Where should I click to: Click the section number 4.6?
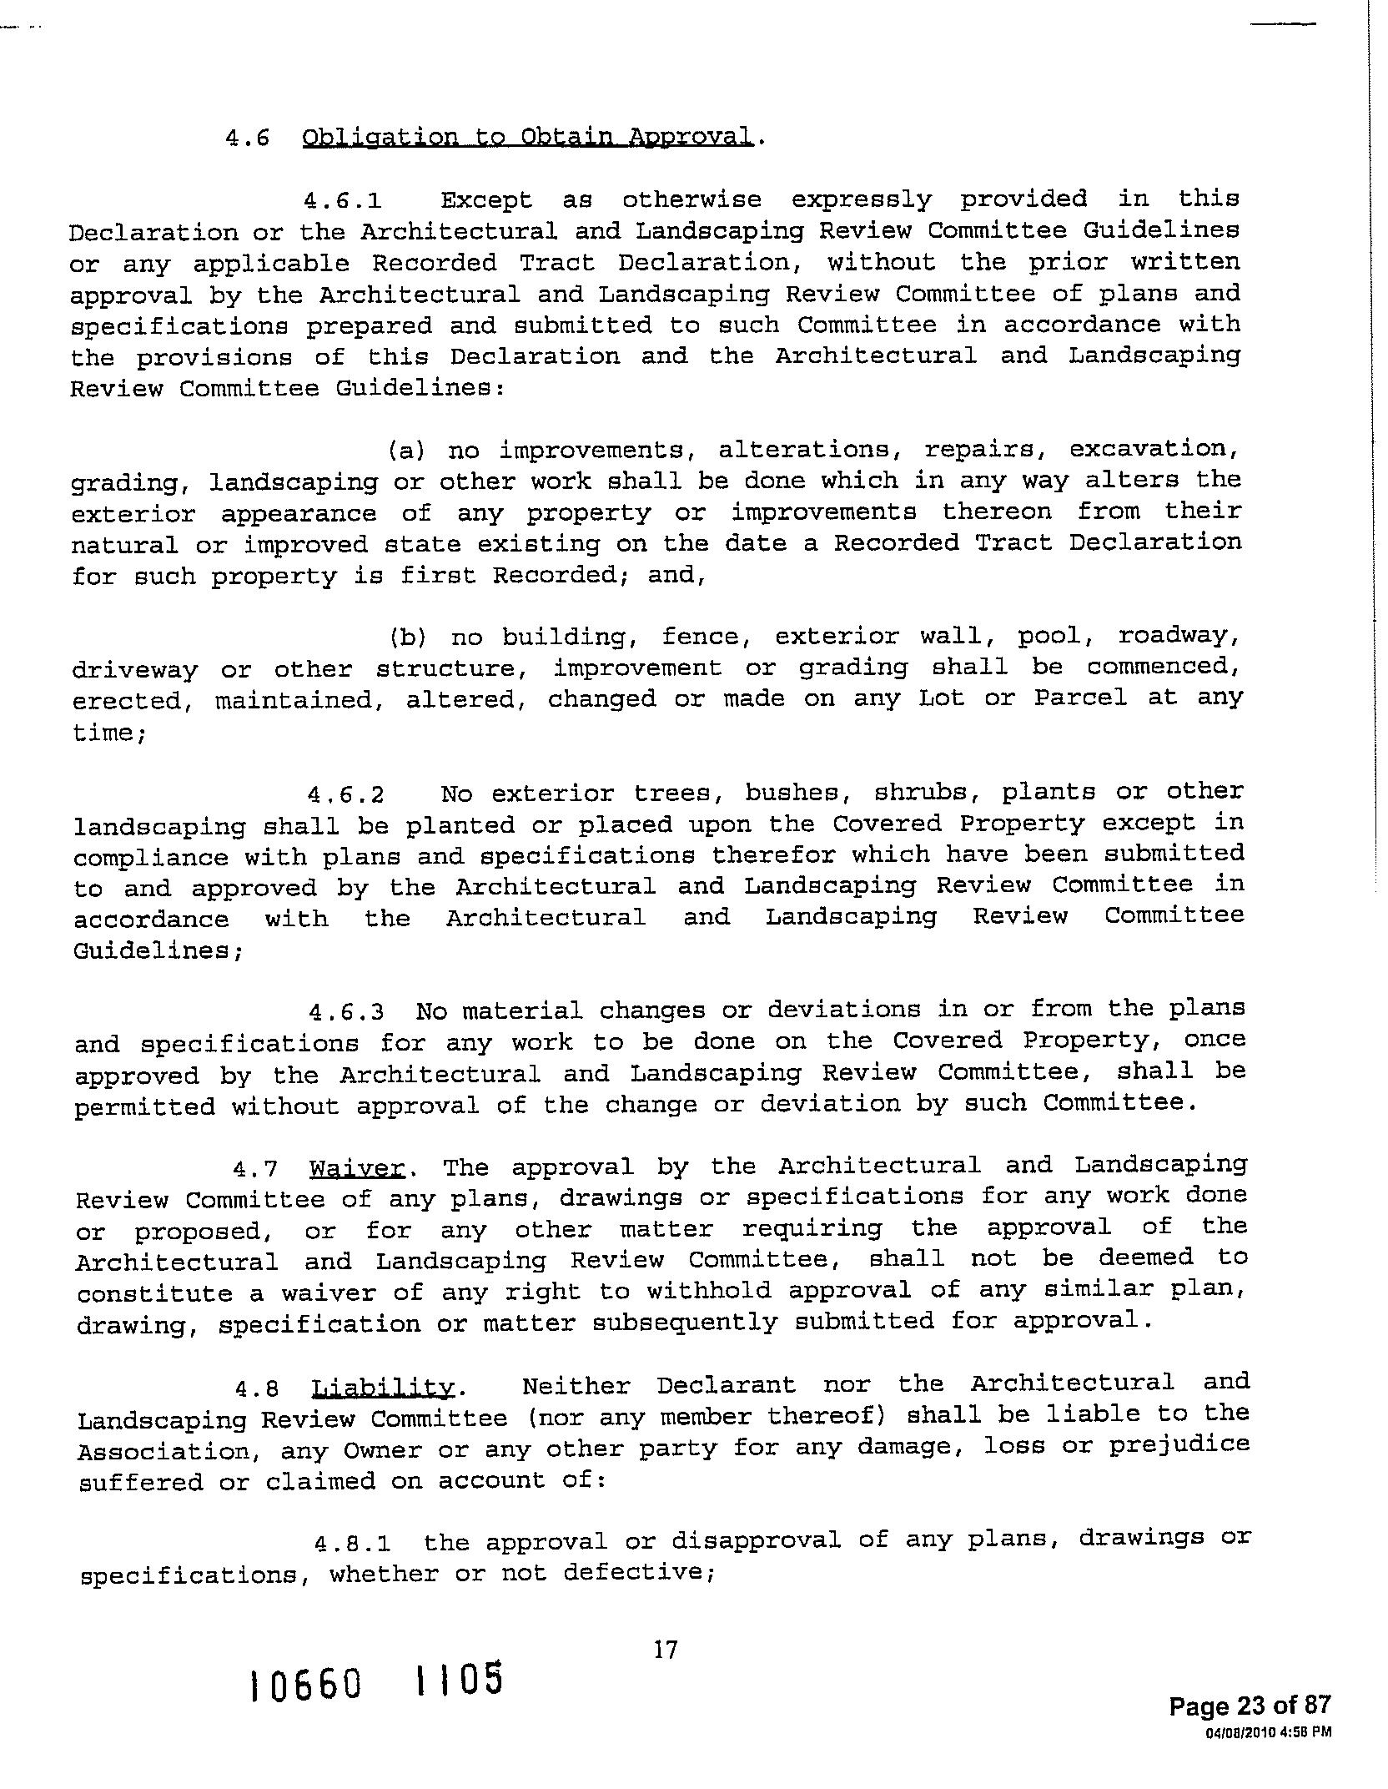point(248,138)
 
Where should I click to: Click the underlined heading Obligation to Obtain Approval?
point(527,137)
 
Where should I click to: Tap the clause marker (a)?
point(407,451)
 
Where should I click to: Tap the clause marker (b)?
point(408,638)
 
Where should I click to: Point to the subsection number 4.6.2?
point(346,794)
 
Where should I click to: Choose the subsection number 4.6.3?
point(346,1013)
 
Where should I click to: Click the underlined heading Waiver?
point(357,1167)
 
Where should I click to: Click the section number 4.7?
point(255,1169)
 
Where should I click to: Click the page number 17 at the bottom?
point(666,1650)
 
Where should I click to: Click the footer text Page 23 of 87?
point(1250,1706)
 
